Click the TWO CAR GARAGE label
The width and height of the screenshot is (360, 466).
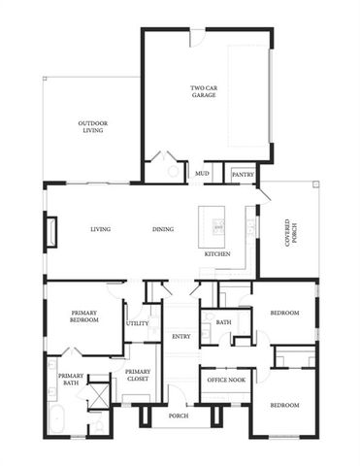pos(204,93)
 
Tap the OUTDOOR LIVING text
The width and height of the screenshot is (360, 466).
pos(93,127)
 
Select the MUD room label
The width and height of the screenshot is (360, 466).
pos(202,174)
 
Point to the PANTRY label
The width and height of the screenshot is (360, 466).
pos(242,174)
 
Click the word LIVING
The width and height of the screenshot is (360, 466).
pos(100,229)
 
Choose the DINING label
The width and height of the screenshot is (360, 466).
pos(162,229)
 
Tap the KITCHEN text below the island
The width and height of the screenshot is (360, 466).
pos(216,253)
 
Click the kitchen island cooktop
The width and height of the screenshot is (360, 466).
pos(218,227)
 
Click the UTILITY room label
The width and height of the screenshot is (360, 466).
pos(137,323)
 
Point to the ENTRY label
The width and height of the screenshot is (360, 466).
pos(180,337)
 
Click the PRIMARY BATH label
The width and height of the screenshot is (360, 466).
pos(70,380)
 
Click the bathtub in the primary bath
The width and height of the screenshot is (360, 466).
pos(55,422)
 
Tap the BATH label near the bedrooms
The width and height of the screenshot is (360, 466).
pos(223,322)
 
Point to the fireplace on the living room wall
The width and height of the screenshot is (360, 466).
pos(50,231)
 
